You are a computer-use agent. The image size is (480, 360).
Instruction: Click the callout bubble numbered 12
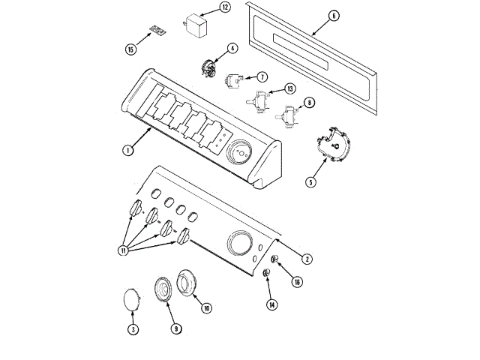coord(225,7)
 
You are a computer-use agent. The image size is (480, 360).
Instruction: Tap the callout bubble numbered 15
coord(131,49)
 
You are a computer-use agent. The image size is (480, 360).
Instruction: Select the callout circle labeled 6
coord(334,15)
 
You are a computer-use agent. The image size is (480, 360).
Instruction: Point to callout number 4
coord(232,49)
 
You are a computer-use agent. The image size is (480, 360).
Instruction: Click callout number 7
coord(262,76)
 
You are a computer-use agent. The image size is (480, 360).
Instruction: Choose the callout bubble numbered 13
coord(289,89)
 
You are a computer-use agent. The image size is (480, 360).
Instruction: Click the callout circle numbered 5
coord(311,181)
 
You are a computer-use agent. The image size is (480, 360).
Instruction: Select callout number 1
coord(128,150)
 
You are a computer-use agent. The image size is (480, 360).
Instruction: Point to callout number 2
coord(307,259)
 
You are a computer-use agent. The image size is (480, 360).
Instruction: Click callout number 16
coord(297,283)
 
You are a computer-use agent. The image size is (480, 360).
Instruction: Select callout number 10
coord(206,307)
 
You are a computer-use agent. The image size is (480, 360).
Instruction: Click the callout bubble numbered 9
coord(175,328)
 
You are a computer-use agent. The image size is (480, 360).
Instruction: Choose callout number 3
coord(133,329)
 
